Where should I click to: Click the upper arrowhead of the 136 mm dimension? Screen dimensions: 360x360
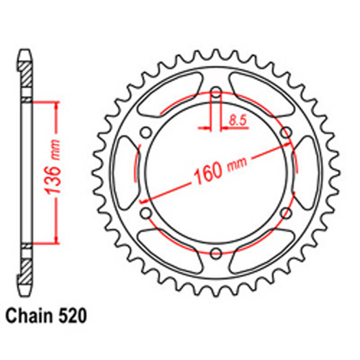tap(53, 103)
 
